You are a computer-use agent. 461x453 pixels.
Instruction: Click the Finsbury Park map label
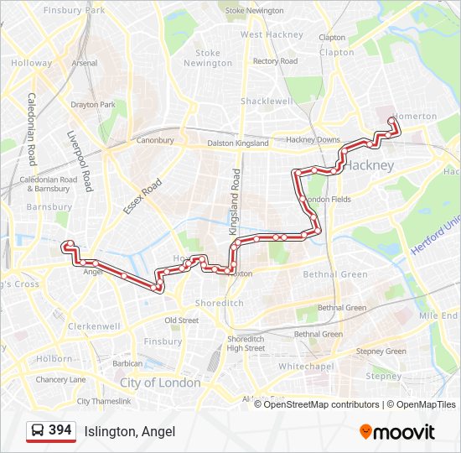(x=75, y=10)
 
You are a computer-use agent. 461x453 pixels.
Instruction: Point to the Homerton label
(x=413, y=116)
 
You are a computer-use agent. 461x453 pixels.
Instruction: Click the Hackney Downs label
(x=313, y=139)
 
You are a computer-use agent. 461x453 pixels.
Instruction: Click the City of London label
(x=160, y=383)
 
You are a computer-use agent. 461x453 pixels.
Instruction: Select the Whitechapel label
(x=306, y=367)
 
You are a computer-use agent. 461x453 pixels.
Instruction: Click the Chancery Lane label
(x=60, y=379)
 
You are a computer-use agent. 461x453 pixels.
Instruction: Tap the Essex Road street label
(x=142, y=196)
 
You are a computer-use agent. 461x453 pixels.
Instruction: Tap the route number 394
(x=60, y=430)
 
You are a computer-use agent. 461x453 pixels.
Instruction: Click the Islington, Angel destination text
(x=130, y=431)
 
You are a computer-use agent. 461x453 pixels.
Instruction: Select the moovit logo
(x=397, y=432)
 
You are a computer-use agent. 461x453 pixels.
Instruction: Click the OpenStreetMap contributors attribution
(x=322, y=404)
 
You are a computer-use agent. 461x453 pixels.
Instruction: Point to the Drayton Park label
(x=93, y=105)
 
